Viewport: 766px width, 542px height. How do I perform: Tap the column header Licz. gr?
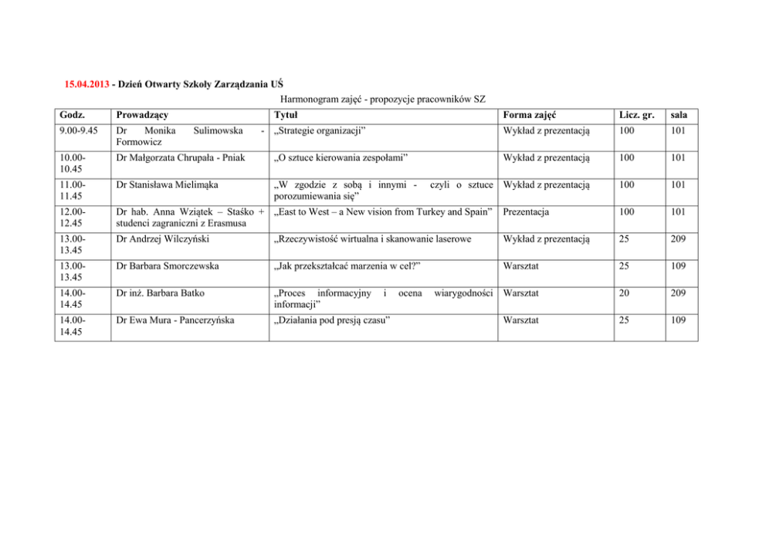point(637,115)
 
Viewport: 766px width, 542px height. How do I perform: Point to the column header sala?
point(680,115)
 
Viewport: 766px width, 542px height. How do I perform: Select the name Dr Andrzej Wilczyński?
point(161,239)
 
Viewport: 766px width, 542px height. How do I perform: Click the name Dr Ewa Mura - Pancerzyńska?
point(174,320)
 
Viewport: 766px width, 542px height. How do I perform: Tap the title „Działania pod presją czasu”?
point(331,320)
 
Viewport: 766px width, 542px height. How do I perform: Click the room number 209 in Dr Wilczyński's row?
point(679,239)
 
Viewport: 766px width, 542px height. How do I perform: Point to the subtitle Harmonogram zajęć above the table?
point(382,99)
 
